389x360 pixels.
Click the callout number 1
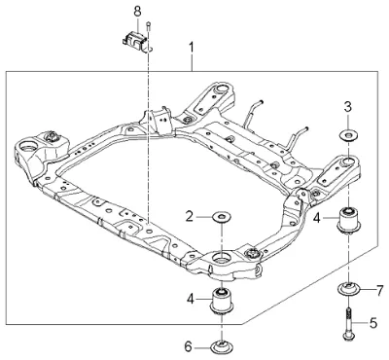tap(192, 48)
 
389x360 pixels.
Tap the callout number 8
tap(137, 12)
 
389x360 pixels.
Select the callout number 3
tap(348, 107)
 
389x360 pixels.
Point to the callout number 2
tap(190, 216)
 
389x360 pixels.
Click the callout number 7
tap(379, 291)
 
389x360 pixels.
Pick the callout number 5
tap(373, 323)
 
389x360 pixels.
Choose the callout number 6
tap(188, 347)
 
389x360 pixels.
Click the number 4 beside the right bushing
tap(317, 218)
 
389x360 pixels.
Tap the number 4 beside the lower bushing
tap(191, 299)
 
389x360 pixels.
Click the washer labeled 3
tap(348, 135)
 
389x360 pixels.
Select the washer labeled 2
tap(222, 216)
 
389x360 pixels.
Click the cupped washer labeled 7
tap(348, 288)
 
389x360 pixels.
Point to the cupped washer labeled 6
tap(222, 346)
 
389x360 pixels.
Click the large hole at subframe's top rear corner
tap(222, 89)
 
